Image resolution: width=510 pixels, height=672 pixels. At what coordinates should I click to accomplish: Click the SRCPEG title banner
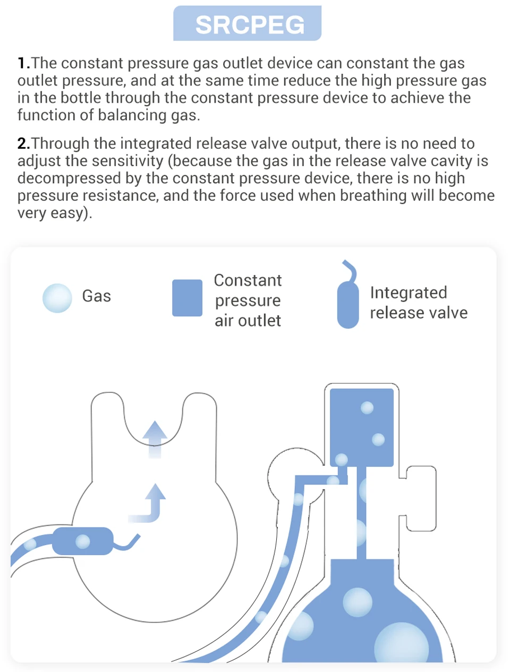247,24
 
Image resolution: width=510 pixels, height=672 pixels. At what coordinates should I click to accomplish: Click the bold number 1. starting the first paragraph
23,63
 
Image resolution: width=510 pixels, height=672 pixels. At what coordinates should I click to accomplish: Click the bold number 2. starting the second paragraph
23,143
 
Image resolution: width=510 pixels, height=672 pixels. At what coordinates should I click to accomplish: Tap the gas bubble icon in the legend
57,298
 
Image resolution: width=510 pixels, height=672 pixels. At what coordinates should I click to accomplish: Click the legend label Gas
96,296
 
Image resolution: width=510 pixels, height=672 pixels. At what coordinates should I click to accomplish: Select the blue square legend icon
187,298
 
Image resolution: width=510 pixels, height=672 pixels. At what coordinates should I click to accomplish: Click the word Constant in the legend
248,280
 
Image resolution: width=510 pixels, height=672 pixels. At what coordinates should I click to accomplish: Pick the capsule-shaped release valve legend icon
348,304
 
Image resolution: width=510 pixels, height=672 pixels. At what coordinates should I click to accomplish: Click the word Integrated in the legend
408,293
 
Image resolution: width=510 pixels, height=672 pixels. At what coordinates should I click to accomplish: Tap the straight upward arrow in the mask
155,438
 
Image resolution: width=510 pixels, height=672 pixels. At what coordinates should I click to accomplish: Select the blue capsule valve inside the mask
83,541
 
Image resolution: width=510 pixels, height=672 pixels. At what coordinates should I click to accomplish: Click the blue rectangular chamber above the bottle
362,427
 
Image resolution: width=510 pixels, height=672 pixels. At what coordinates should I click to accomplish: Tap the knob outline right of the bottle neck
421,498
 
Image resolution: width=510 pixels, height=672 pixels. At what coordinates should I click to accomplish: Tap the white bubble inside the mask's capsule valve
83,541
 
